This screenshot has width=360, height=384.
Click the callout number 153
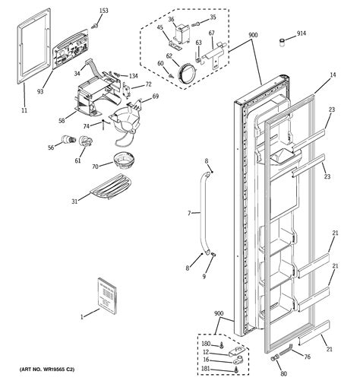[103, 11]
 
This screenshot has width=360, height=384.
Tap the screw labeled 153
[95, 26]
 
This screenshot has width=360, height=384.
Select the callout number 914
[302, 33]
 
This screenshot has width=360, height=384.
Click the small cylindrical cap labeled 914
[282, 42]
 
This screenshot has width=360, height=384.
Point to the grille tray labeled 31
[109, 186]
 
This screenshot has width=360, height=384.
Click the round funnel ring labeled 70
[124, 160]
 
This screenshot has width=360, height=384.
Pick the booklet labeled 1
[107, 296]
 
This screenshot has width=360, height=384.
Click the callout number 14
[333, 75]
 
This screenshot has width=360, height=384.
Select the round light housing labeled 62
[188, 71]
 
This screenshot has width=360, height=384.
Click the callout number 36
[171, 19]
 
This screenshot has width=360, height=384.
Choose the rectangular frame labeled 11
[33, 46]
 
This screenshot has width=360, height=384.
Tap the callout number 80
[283, 373]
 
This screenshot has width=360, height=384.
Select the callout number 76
[307, 357]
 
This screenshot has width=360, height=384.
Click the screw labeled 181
[237, 370]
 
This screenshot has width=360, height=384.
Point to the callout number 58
[62, 120]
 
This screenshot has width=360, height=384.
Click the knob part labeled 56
[69, 140]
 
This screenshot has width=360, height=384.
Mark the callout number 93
[40, 91]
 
